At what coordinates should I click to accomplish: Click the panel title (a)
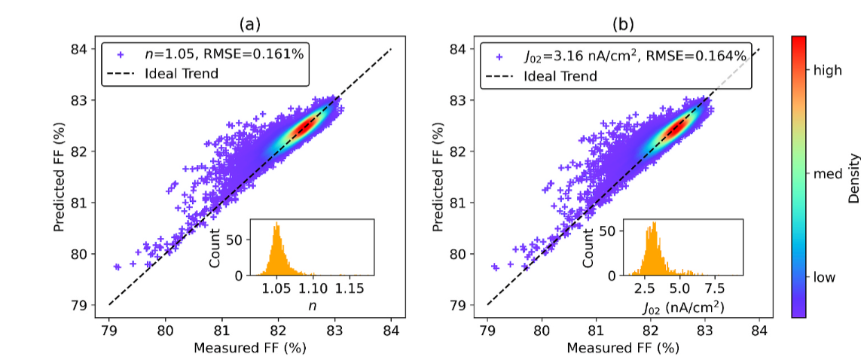click(x=250, y=24)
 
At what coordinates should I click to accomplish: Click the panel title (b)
click(x=624, y=24)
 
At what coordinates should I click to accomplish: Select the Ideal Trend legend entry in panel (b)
click(x=560, y=76)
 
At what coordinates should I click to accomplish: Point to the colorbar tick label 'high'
click(x=828, y=70)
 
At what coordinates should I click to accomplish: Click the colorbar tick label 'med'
click(x=827, y=174)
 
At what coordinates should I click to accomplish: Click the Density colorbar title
click(x=854, y=178)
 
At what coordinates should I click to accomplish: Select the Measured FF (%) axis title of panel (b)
click(x=624, y=348)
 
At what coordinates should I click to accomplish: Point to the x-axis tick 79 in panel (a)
click(x=109, y=329)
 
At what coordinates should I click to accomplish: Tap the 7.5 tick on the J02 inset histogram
click(x=715, y=288)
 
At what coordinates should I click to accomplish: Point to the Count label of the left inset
click(x=215, y=247)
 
